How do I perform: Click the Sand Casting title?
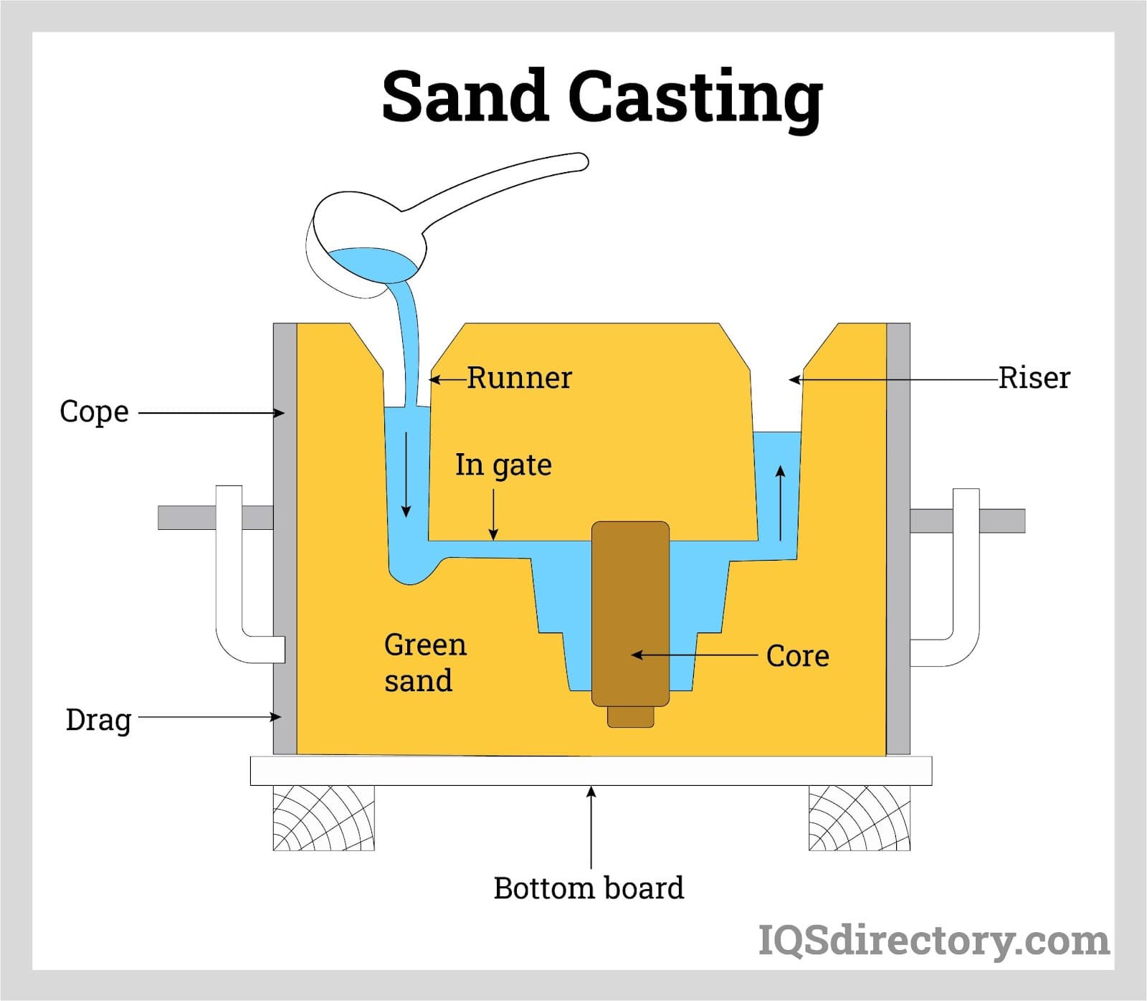pyautogui.click(x=602, y=97)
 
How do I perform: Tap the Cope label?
pyautogui.click(x=94, y=412)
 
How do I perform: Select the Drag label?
pyautogui.click(x=98, y=719)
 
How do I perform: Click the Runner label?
pyautogui.click(x=520, y=378)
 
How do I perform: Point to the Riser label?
pyautogui.click(x=1034, y=378)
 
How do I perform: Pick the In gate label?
pyautogui.click(x=503, y=465)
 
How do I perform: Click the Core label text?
pyautogui.click(x=797, y=655)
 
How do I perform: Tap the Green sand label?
pyautogui.click(x=424, y=663)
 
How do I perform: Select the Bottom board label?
pyautogui.click(x=589, y=888)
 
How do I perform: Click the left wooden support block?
pyautogui.click(x=323, y=818)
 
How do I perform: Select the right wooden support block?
pyautogui.click(x=860, y=818)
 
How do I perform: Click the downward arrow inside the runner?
pyautogui.click(x=406, y=474)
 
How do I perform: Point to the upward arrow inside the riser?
pyautogui.click(x=781, y=502)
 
